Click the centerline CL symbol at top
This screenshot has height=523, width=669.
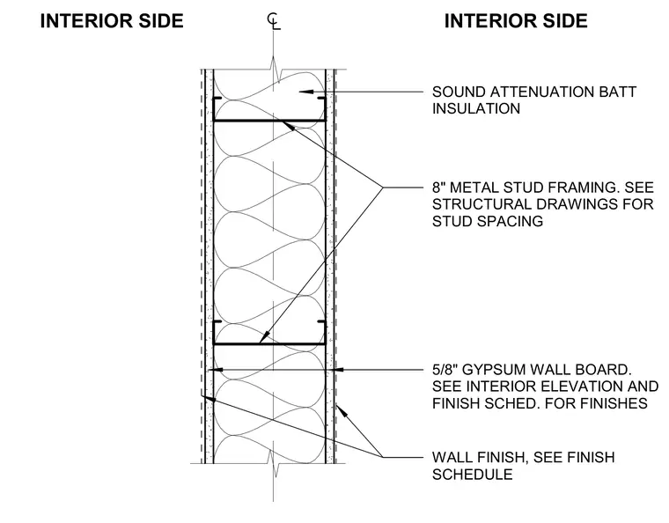click(x=274, y=21)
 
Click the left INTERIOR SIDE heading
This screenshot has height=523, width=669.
click(x=112, y=21)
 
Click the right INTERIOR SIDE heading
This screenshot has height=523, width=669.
click(x=516, y=21)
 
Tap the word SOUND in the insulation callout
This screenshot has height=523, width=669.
click(x=459, y=92)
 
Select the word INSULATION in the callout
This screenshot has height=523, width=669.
click(x=476, y=109)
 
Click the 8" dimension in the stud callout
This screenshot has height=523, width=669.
click(x=439, y=188)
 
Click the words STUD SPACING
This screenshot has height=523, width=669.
click(x=488, y=221)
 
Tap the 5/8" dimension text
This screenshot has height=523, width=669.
click(x=445, y=370)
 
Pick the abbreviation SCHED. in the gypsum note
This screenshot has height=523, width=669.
click(x=515, y=403)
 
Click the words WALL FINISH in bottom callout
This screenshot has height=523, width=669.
click(x=481, y=457)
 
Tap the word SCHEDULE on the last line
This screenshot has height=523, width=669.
click(x=473, y=475)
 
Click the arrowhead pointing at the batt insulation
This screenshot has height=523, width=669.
click(x=306, y=92)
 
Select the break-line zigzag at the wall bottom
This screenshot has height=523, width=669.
click(x=274, y=463)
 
